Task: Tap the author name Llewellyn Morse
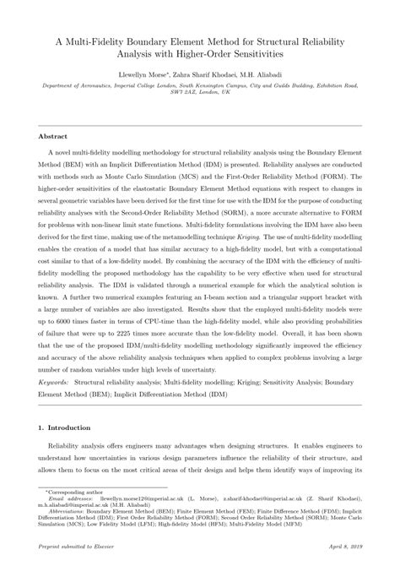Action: (x=148, y=75)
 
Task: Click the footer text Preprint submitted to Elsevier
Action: (x=80, y=547)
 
